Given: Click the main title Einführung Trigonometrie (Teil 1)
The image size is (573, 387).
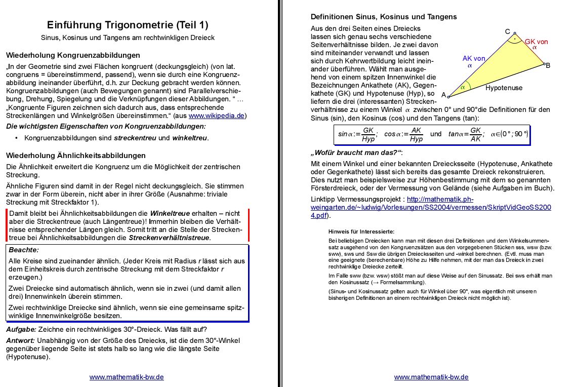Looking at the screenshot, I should pyautogui.click(x=128, y=25).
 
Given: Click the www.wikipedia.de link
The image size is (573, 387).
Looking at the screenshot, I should pyautogui.click(x=217, y=115).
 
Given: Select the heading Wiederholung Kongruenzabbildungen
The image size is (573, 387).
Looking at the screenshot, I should pyautogui.click(x=73, y=55).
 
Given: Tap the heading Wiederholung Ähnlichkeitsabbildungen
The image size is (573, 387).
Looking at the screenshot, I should pyautogui.click(x=75, y=155).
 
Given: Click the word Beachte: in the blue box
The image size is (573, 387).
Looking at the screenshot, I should pyautogui.click(x=24, y=250).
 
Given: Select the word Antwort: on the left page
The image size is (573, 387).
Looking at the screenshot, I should pyautogui.click(x=20, y=340).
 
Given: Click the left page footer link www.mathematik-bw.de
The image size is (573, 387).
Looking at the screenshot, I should pyautogui.click(x=127, y=377).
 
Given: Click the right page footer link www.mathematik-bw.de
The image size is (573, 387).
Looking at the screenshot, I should pyautogui.click(x=431, y=377).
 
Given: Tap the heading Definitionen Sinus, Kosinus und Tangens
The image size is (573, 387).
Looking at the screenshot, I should pyautogui.click(x=384, y=16).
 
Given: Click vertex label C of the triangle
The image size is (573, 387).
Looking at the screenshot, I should pyautogui.click(x=508, y=31).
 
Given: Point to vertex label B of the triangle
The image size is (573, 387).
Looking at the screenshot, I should pyautogui.click(x=548, y=66).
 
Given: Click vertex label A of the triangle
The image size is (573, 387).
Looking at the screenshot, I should pyautogui.click(x=443, y=95).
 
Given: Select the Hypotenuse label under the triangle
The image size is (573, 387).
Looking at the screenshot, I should pyautogui.click(x=504, y=88).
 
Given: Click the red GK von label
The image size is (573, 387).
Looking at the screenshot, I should pyautogui.click(x=536, y=42).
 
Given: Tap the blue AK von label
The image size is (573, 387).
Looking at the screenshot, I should pyautogui.click(x=474, y=58).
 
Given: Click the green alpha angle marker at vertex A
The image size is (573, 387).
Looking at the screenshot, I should pyautogui.click(x=462, y=87).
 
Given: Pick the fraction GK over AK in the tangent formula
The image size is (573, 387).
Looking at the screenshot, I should pyautogui.click(x=475, y=134).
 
